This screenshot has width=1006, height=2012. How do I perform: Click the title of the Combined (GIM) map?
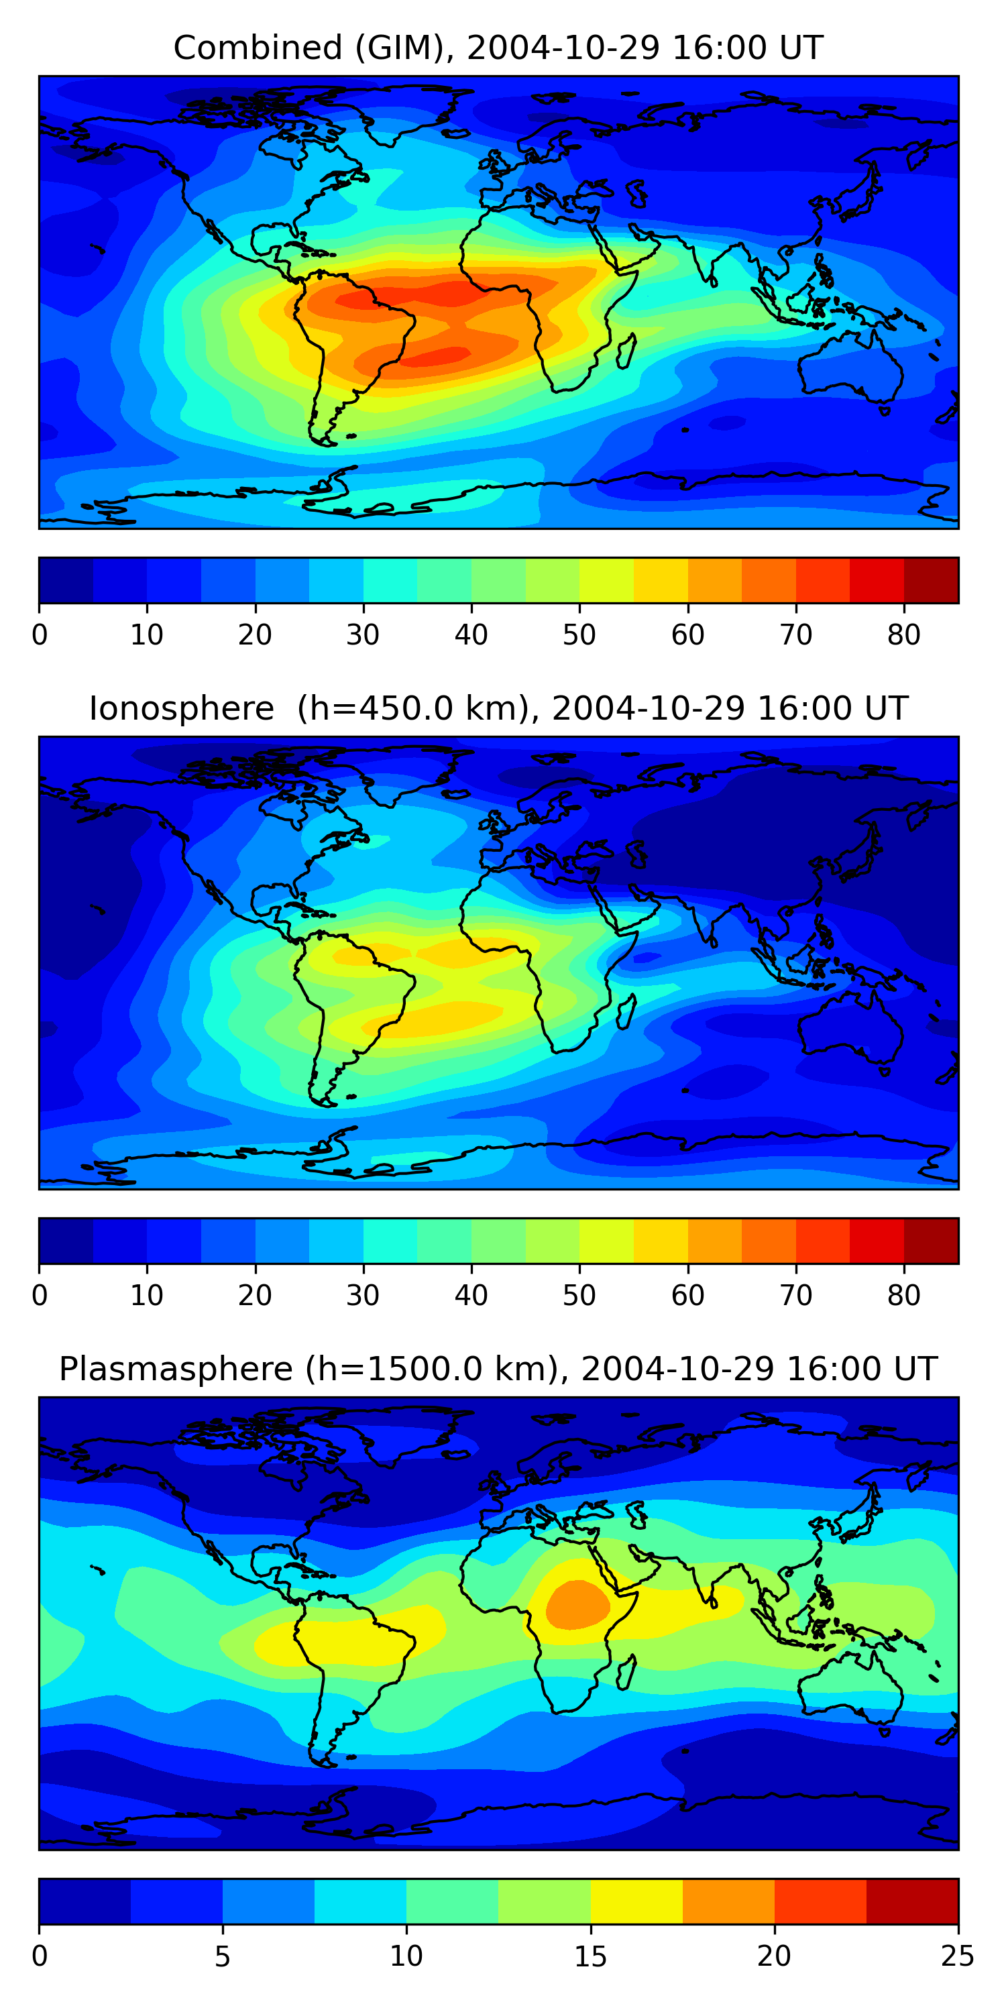coord(498,48)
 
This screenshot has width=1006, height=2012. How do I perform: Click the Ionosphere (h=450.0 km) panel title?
coord(498,708)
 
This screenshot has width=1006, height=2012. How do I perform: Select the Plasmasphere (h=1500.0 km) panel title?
coord(498,1370)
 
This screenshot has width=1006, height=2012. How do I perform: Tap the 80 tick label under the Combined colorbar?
coord(903,635)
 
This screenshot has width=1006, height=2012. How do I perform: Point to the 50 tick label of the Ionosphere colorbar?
coord(579,1295)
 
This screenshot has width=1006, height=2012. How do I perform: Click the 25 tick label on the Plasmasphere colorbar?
coord(957,1956)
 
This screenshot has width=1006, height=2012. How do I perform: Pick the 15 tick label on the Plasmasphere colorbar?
coord(590,1956)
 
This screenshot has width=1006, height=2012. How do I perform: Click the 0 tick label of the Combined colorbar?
coord(40,635)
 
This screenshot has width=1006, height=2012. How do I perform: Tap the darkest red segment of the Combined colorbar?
coord(931,580)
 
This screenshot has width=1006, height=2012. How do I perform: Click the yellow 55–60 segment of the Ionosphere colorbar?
coord(661,1240)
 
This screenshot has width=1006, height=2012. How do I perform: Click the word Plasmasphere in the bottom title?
coord(176,1370)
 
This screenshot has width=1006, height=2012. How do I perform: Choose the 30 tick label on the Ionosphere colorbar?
coord(364,1295)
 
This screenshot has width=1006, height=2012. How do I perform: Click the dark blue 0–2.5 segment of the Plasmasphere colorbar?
coord(85,1901)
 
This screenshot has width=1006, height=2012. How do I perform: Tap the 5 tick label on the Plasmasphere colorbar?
coord(223,1956)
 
